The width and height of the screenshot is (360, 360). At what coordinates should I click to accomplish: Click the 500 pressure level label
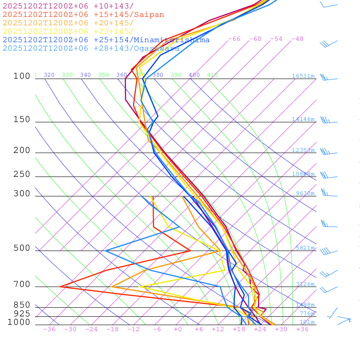coord(22,248)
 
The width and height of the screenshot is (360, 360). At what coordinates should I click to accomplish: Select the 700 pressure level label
coord(22,284)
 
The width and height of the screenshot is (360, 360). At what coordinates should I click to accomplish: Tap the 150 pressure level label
coord(22,120)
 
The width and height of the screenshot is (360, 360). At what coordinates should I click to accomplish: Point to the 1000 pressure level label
coord(19,322)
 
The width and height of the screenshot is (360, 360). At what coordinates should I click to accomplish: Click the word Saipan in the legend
coord(149,15)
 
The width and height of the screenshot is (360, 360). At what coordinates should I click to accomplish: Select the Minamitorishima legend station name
coord(171,40)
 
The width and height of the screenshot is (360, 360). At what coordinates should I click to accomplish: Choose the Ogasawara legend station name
coord(156,49)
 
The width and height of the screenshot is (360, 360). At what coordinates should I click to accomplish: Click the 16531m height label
coord(303,76)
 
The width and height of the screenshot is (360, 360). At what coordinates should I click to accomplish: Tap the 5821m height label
coord(305,248)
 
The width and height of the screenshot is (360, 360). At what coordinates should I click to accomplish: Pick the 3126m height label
coord(305,284)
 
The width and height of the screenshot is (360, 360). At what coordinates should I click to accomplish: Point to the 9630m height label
coord(305,193)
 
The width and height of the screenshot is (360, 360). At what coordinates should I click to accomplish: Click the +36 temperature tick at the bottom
coord(302,329)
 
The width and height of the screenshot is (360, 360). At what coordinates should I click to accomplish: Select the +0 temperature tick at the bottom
coord(178,329)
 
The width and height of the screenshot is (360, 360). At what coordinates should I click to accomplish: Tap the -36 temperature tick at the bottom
coord(49,329)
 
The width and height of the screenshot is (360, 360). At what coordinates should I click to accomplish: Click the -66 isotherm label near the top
coord(234,39)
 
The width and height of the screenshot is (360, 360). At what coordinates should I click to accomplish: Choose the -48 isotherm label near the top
coord(297,39)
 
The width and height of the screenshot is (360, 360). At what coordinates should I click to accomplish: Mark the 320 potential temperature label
coord(49,75)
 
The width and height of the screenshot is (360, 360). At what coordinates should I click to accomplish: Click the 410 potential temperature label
coord(212,75)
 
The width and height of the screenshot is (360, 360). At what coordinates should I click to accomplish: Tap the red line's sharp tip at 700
coord(60,287)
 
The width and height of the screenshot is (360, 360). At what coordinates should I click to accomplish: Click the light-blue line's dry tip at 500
coord(105,251)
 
